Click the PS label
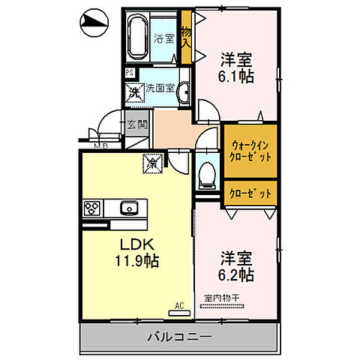tap(130, 73)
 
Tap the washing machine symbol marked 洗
tap(134, 94)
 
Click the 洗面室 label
tap(160, 87)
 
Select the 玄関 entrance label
tap(136, 125)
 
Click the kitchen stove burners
tap(92, 208)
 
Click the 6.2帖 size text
tap(235, 275)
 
